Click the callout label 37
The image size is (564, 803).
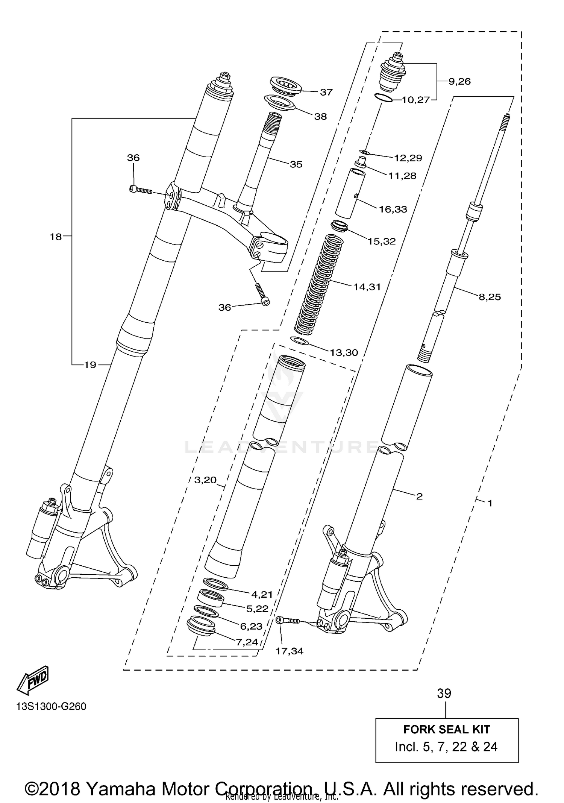coord(326,92)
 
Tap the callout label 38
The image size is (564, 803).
coord(320,117)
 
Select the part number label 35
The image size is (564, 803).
coord(296,164)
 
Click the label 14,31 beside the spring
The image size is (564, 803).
coord(367,287)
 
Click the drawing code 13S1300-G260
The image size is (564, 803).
coord(51,706)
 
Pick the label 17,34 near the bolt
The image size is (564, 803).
coord(289,651)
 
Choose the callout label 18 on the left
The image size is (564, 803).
coord(56,237)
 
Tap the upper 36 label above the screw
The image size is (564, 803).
coord(133,158)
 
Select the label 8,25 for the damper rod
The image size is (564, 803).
coord(490,297)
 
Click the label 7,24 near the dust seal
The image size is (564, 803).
coord(247,642)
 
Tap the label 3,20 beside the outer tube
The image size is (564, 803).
coord(205,480)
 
